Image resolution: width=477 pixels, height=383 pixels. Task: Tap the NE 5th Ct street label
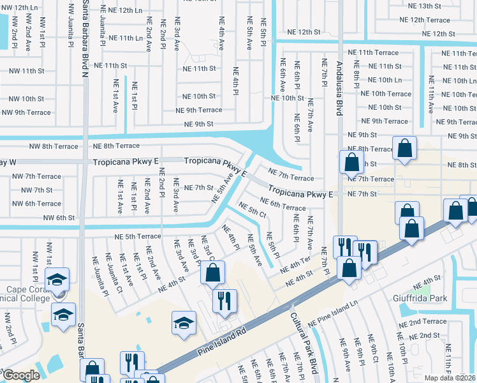tap(252, 211)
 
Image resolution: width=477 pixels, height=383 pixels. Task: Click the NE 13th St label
tap(433, 6)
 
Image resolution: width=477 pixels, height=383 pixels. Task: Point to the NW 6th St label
tap(59, 218)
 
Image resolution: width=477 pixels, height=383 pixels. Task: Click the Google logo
tap(20, 375)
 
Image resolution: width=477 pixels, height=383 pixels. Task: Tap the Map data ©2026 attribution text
tap(450, 378)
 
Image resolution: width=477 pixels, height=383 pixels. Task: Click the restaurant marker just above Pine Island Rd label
tap(224, 300)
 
